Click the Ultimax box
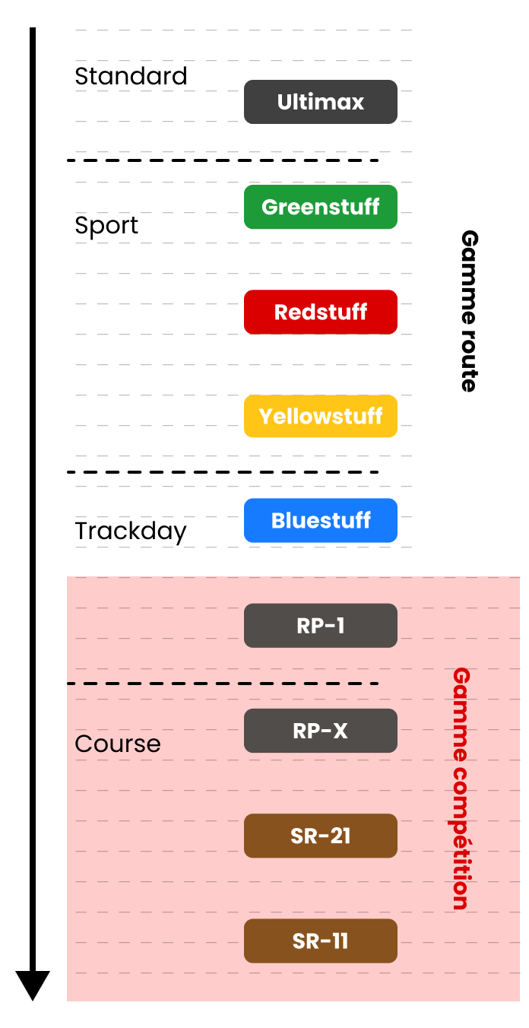(320, 102)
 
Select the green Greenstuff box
(320, 207)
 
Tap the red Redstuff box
(320, 312)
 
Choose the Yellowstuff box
(320, 417)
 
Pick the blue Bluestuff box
(320, 521)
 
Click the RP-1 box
(320, 626)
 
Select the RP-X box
(320, 731)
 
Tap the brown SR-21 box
(320, 836)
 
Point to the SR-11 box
(320, 941)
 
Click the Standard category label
(131, 76)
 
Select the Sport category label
(106, 226)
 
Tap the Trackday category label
(131, 531)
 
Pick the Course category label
(118, 743)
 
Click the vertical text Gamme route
(468, 311)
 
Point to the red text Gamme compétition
(460, 788)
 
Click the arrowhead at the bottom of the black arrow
(33, 985)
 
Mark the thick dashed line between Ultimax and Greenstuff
(222, 160)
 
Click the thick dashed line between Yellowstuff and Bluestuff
(222, 472)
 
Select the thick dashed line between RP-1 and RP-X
(222, 684)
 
